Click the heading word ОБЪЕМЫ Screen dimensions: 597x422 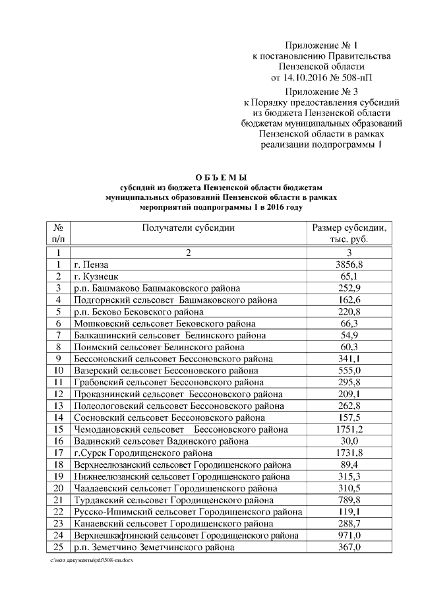tap(222, 178)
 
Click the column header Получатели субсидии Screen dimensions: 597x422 tap(188, 228)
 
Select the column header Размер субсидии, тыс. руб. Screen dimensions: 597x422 tap(349, 234)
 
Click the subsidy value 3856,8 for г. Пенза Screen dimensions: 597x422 tap(349, 265)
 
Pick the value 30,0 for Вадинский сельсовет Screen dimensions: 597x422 tap(349, 441)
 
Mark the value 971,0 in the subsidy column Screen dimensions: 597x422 tap(349, 536)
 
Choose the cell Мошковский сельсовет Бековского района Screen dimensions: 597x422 tap(154, 323)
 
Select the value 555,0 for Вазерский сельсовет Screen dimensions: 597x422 tap(349, 371)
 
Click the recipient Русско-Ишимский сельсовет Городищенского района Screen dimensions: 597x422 tap(188, 512)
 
